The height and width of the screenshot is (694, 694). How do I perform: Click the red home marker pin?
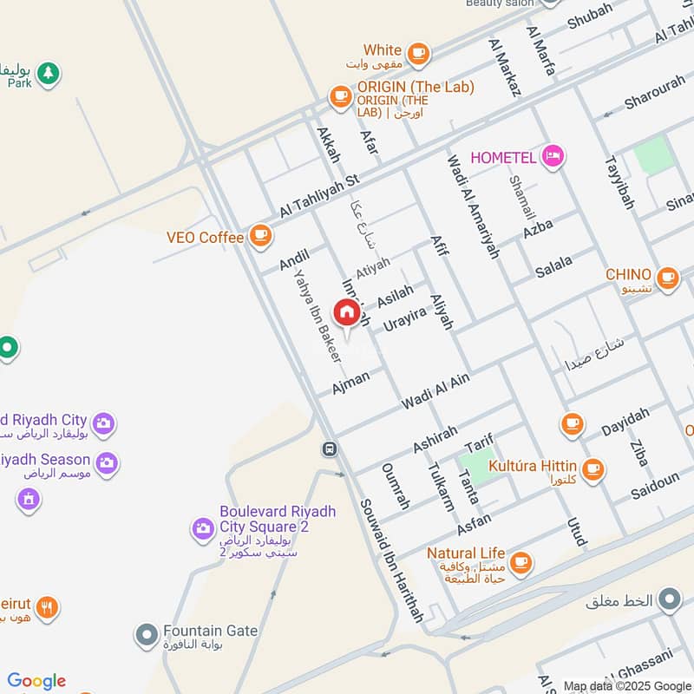(347, 313)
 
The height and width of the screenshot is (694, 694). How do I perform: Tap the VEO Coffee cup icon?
(259, 234)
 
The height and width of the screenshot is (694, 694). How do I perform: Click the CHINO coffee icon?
(666, 278)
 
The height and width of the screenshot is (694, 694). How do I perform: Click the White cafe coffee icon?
(419, 53)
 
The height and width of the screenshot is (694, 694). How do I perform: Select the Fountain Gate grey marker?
(146, 636)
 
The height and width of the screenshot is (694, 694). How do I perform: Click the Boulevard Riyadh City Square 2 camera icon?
(203, 527)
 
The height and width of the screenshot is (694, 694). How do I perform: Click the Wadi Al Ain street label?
(435, 390)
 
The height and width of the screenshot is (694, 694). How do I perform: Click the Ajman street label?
(350, 381)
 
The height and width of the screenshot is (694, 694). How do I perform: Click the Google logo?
(36, 681)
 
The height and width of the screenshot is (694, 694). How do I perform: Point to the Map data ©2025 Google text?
(627, 685)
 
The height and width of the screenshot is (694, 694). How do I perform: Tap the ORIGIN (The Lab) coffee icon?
(339, 96)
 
